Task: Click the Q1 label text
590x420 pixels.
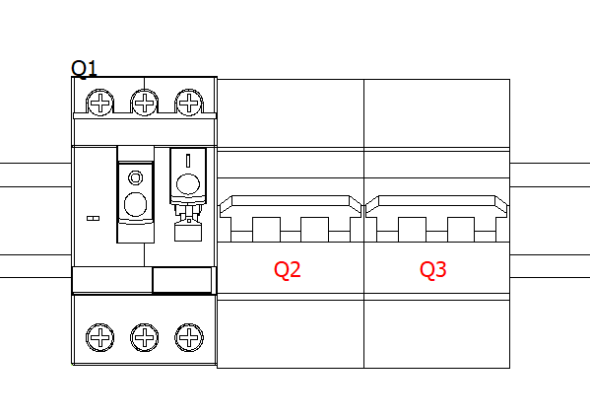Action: coord(84,69)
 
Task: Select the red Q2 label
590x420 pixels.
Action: coord(287,270)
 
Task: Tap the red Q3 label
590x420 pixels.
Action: coord(433,270)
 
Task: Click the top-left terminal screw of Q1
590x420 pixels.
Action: coord(100,103)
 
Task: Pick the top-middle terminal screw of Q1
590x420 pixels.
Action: coord(145,103)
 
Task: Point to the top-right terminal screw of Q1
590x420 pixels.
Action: coord(189,103)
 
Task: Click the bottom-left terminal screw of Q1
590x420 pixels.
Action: coord(100,337)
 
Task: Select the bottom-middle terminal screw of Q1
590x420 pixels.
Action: coord(145,337)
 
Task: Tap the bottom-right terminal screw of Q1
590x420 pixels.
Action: coord(189,337)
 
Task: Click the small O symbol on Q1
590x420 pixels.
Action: coord(136,177)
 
